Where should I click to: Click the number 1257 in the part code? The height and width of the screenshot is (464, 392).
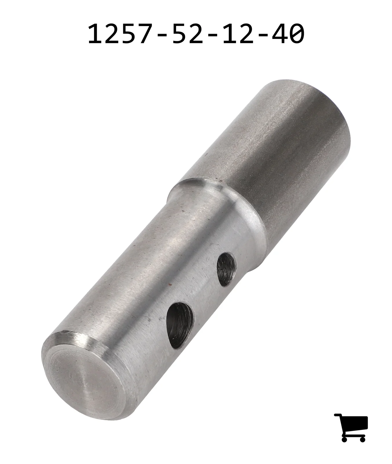click(120, 34)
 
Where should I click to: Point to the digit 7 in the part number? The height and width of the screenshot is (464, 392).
click(144, 34)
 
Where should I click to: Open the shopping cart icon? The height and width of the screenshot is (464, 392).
click(351, 427)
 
